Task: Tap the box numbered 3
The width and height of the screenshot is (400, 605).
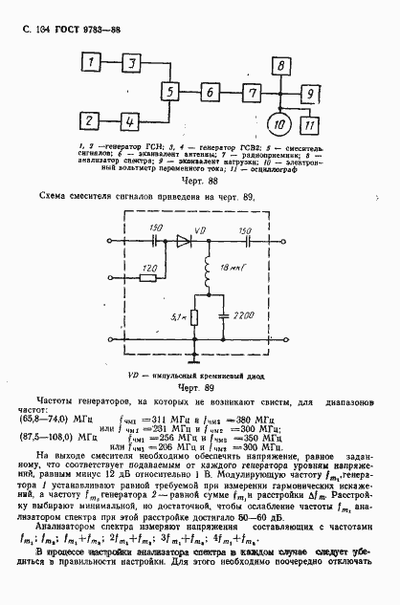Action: click(x=132, y=62)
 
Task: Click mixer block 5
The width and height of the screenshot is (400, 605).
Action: click(x=171, y=92)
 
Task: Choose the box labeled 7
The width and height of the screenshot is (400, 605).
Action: click(x=252, y=92)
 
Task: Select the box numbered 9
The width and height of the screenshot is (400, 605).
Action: click(x=312, y=92)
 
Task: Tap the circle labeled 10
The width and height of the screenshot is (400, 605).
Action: click(x=281, y=123)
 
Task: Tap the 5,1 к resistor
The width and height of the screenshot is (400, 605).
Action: click(x=192, y=316)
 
